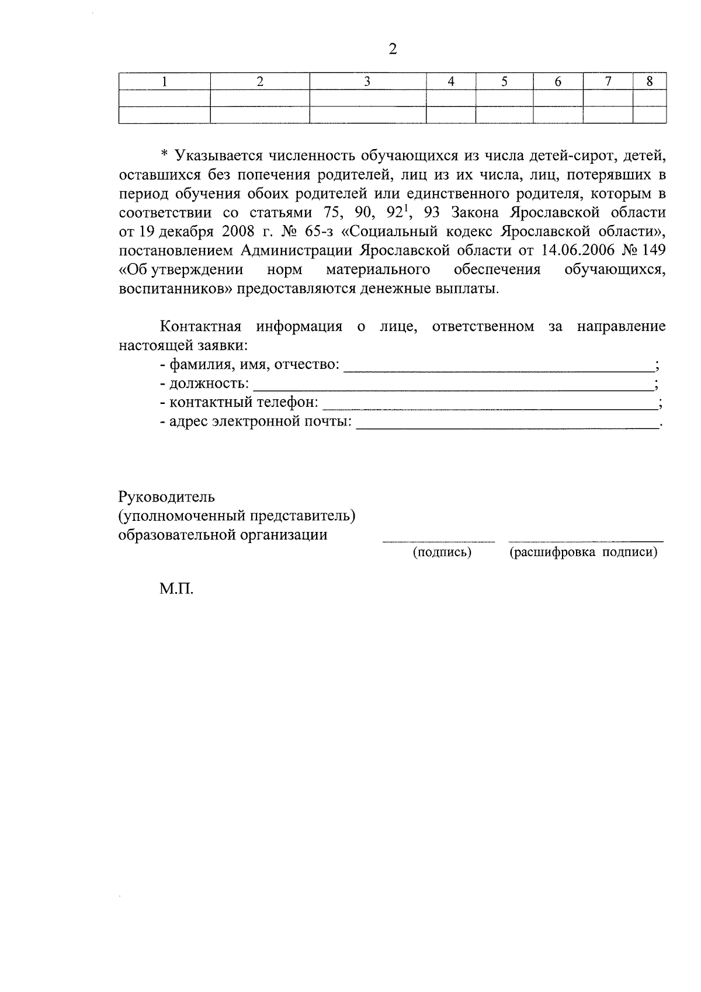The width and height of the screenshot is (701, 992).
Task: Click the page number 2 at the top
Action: [x=393, y=50]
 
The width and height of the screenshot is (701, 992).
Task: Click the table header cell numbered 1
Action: [x=165, y=82]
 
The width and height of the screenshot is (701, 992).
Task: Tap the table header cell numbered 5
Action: [x=504, y=82]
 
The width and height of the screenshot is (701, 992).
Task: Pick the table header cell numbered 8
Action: [x=649, y=82]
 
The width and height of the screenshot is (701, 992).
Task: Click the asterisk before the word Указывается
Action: [x=164, y=155]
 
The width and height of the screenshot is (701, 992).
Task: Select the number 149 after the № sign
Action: [x=653, y=250]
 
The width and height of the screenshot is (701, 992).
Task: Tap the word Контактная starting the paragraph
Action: [x=201, y=326]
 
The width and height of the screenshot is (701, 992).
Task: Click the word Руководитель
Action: [x=167, y=497]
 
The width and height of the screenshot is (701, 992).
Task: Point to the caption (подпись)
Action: [x=442, y=552]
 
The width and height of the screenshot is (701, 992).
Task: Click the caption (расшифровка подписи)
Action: [x=584, y=552]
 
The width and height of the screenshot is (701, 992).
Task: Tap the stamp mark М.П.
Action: [x=176, y=589]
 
